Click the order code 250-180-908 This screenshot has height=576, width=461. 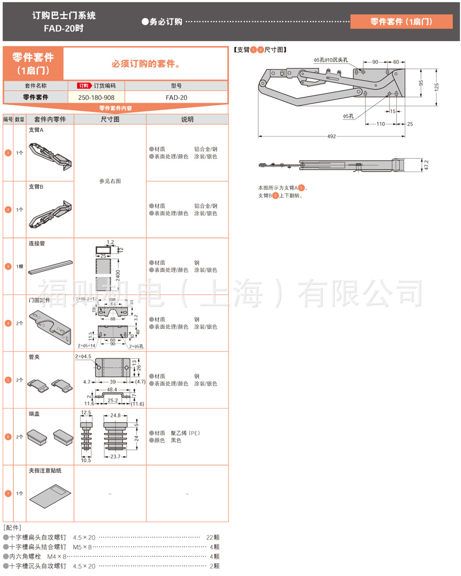tap(96, 97)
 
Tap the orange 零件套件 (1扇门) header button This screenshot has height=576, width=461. tap(401, 22)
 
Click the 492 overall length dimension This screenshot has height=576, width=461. tap(332, 136)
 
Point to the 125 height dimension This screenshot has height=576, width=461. tap(437, 87)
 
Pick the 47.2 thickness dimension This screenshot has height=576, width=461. tap(427, 165)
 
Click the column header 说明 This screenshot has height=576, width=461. tap(187, 119)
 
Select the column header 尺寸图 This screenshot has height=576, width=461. tap(110, 119)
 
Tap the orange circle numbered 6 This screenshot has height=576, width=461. tap(8, 437)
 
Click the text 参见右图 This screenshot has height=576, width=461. tap(110, 181)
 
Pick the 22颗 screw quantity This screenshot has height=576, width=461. tap(213, 537)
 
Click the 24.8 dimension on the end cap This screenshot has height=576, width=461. tap(116, 415)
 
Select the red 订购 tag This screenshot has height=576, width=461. tap(84, 86)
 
